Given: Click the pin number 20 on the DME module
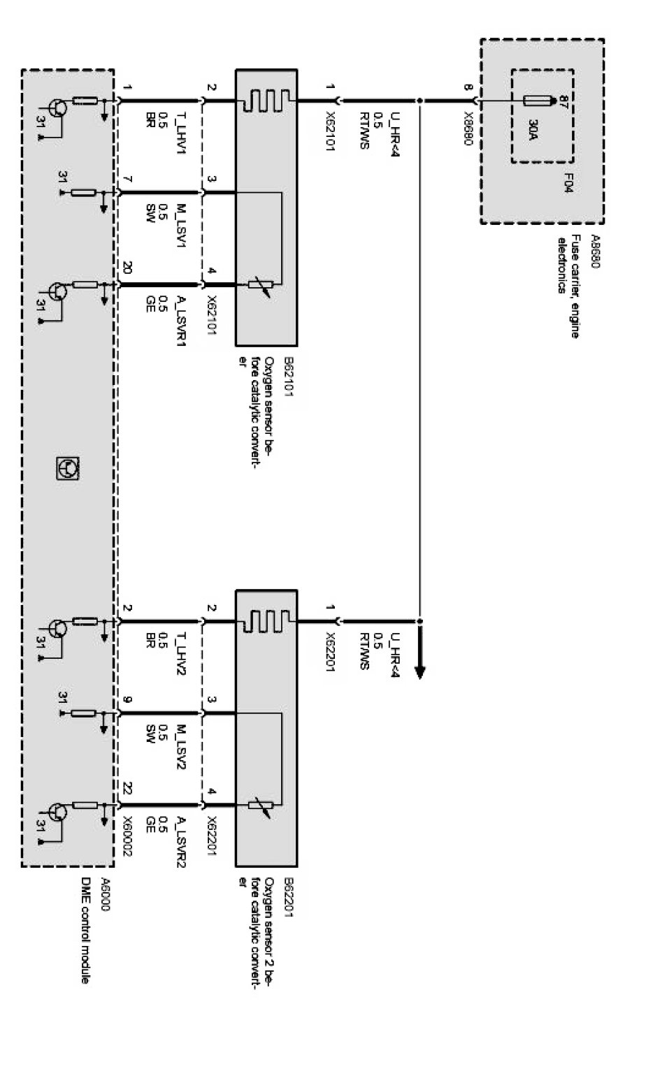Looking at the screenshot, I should [x=127, y=269].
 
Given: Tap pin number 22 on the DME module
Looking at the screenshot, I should [x=127, y=787].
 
